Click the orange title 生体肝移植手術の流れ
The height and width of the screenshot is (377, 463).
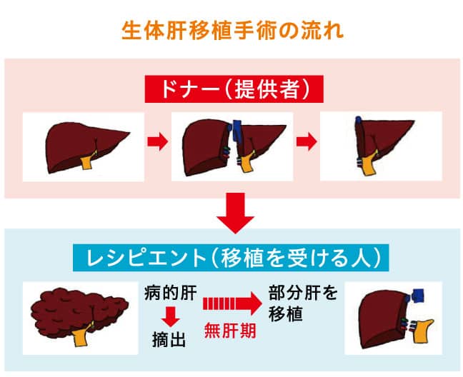pyautogui.click(x=232, y=30)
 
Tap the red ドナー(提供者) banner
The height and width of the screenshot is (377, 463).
pyautogui.click(x=234, y=89)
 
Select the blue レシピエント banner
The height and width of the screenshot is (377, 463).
pyautogui.click(x=231, y=258)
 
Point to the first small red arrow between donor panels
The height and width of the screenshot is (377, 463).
pyautogui.click(x=158, y=141)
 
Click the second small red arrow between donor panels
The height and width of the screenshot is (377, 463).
pyautogui.click(x=307, y=141)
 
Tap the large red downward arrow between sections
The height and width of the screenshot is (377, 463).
pyautogui.click(x=235, y=213)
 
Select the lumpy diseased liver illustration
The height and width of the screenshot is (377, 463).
pyautogui.click(x=79, y=314)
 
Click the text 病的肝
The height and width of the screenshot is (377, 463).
pyautogui.click(x=171, y=293)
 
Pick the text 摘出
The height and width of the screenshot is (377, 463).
pyautogui.click(x=169, y=340)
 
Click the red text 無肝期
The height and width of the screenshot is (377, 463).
pyautogui.click(x=230, y=331)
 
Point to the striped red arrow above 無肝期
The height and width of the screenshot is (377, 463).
pyautogui.click(x=232, y=303)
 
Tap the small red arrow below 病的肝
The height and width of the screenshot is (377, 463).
pyautogui.click(x=170, y=317)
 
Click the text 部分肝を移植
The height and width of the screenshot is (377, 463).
pyautogui.click(x=303, y=303)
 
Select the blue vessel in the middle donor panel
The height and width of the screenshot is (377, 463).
pyautogui.click(x=237, y=131)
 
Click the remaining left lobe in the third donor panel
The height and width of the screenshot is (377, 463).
pyautogui.click(x=384, y=139)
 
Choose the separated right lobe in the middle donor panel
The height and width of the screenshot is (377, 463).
pyautogui.click(x=205, y=148)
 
